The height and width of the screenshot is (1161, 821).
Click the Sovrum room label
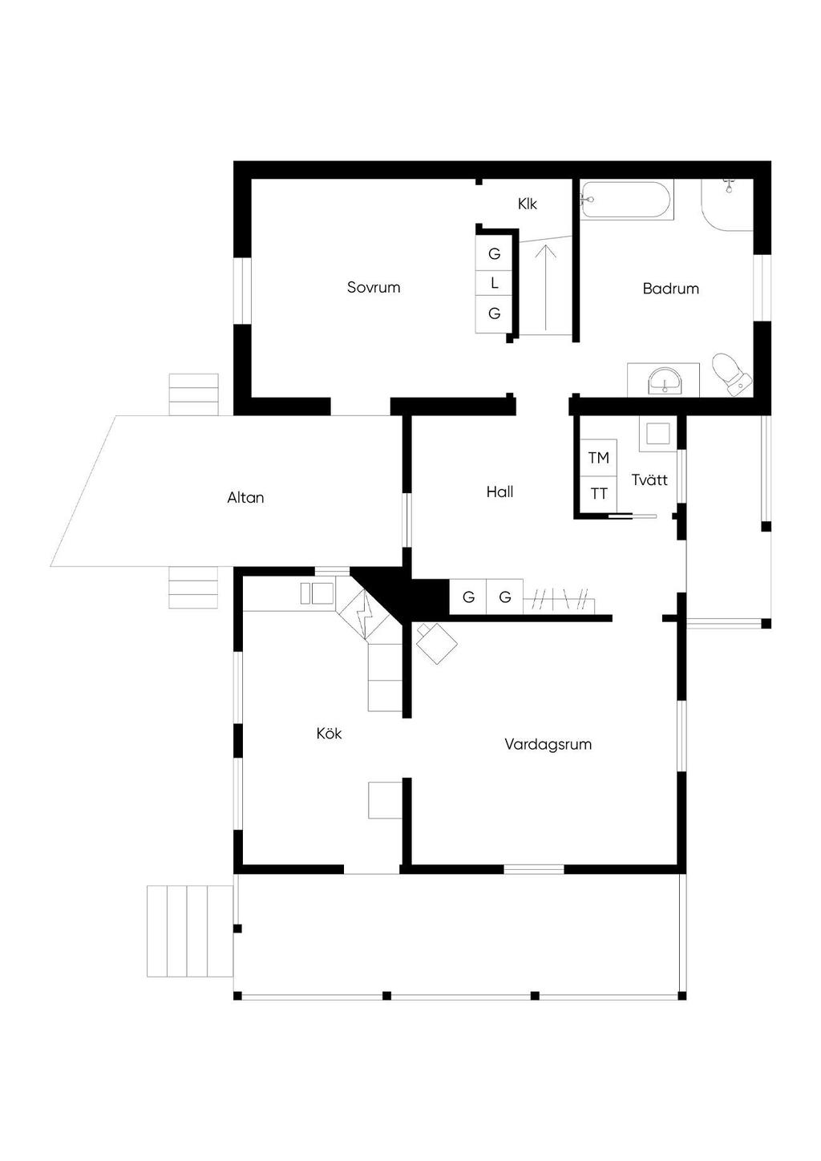click(373, 287)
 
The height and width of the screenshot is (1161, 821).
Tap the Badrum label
click(670, 289)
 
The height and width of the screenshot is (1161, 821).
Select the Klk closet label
click(527, 204)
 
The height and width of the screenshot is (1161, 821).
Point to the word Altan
click(245, 497)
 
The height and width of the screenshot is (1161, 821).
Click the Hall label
click(499, 492)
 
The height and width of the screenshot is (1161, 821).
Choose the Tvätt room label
click(649, 479)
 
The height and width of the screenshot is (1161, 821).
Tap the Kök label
click(329, 733)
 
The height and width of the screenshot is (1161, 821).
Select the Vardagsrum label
click(548, 744)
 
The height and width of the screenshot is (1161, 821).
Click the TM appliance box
click(598, 458)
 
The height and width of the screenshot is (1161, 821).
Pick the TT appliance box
click(598, 494)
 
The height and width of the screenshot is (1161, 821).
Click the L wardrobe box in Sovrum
click(494, 283)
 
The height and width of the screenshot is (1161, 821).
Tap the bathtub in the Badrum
click(626, 200)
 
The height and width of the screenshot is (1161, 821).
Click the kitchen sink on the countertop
click(317, 593)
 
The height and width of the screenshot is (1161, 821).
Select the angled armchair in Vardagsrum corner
click(436, 642)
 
